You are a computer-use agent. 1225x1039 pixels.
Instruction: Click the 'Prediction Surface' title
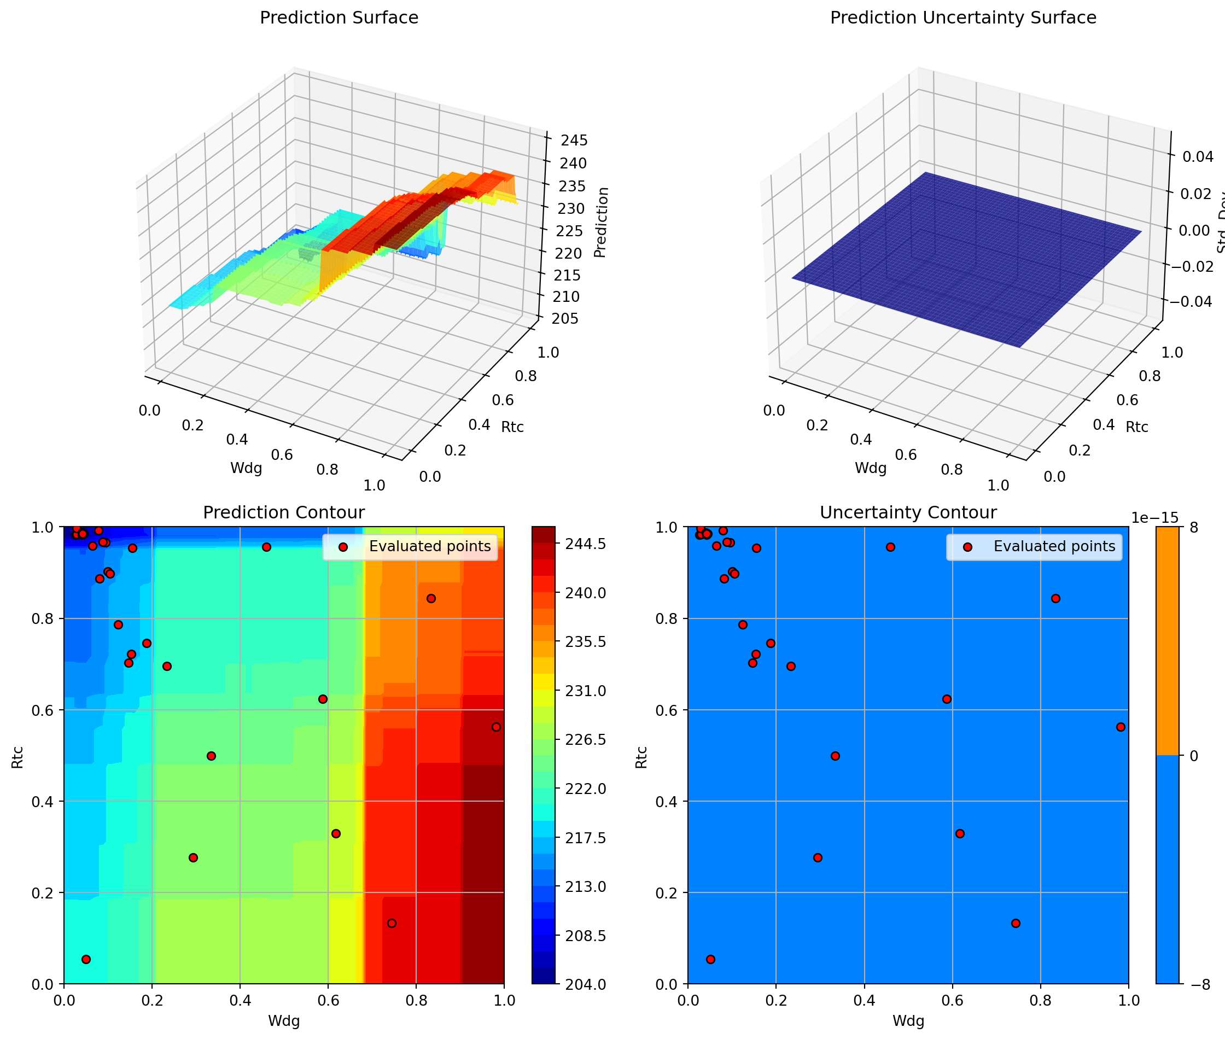pyautogui.click(x=339, y=17)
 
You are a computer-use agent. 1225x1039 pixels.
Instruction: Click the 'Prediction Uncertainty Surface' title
pyautogui.click(x=963, y=17)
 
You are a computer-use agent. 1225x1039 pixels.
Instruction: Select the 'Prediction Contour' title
pyautogui.click(x=283, y=512)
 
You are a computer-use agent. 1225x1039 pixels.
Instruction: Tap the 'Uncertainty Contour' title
pyautogui.click(x=908, y=512)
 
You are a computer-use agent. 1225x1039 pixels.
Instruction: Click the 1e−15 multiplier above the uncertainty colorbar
pyautogui.click(x=1154, y=517)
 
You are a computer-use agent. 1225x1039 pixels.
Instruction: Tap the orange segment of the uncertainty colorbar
pyautogui.click(x=1167, y=641)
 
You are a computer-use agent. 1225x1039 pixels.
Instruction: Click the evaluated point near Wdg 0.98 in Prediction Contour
pyautogui.click(x=496, y=727)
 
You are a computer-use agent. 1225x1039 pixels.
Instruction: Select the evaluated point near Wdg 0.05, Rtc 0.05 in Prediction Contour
pyautogui.click(x=86, y=960)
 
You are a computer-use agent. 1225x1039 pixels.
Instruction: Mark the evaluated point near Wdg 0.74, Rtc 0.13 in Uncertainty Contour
pyautogui.click(x=1016, y=924)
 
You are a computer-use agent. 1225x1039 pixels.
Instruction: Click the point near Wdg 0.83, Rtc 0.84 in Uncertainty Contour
pyautogui.click(x=1055, y=598)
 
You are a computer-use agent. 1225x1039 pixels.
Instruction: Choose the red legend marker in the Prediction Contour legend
pyautogui.click(x=343, y=547)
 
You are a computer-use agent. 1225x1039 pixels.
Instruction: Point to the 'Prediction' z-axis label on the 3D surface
pyautogui.click(x=600, y=222)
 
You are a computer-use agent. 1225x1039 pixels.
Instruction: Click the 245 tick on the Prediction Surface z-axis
pyautogui.click(x=574, y=140)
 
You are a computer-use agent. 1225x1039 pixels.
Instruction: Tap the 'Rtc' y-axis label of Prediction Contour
pyautogui.click(x=17, y=757)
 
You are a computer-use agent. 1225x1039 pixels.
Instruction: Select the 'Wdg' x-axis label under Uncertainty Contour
pyautogui.click(x=908, y=1021)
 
